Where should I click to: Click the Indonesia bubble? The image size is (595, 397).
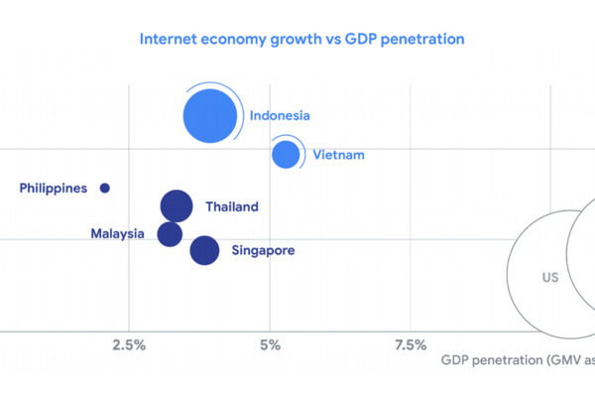210,116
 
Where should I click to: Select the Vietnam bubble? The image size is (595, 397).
287,155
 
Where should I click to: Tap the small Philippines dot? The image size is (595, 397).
105,188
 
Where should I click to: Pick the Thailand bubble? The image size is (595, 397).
176,206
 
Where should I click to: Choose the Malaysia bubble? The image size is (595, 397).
171,234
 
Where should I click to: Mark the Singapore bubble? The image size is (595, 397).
204,250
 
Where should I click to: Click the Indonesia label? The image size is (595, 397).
280,116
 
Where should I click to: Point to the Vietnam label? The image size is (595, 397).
339,155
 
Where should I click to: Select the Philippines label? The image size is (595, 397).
54,188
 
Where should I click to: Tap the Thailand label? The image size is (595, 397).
232,207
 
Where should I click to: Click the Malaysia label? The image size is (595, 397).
118,234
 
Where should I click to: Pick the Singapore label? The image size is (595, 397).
263,251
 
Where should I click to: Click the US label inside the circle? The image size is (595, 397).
549,278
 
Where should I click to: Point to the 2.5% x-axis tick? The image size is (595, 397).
129,346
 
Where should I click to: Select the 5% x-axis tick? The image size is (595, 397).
270,346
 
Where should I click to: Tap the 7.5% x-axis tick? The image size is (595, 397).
411,346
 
